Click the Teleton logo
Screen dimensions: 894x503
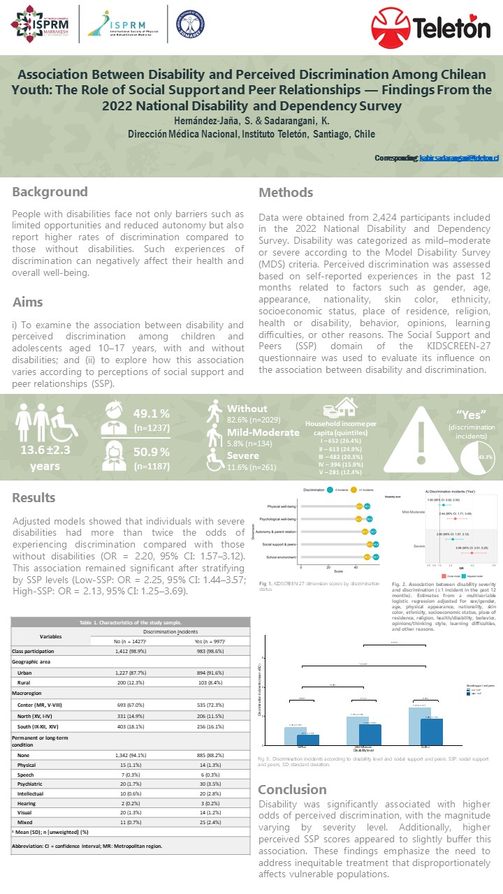point(430,27)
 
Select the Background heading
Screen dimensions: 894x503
point(50,192)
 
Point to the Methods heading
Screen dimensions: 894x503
point(286,193)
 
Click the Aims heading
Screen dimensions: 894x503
point(28,302)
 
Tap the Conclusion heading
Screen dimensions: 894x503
point(292,789)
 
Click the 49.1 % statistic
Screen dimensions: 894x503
point(152,413)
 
